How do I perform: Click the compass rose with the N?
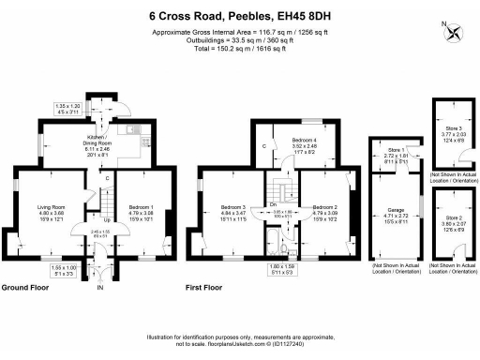point(457,32)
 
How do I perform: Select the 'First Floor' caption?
point(208,286)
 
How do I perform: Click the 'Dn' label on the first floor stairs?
point(274,203)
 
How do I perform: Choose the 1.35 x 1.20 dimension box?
point(67,108)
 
